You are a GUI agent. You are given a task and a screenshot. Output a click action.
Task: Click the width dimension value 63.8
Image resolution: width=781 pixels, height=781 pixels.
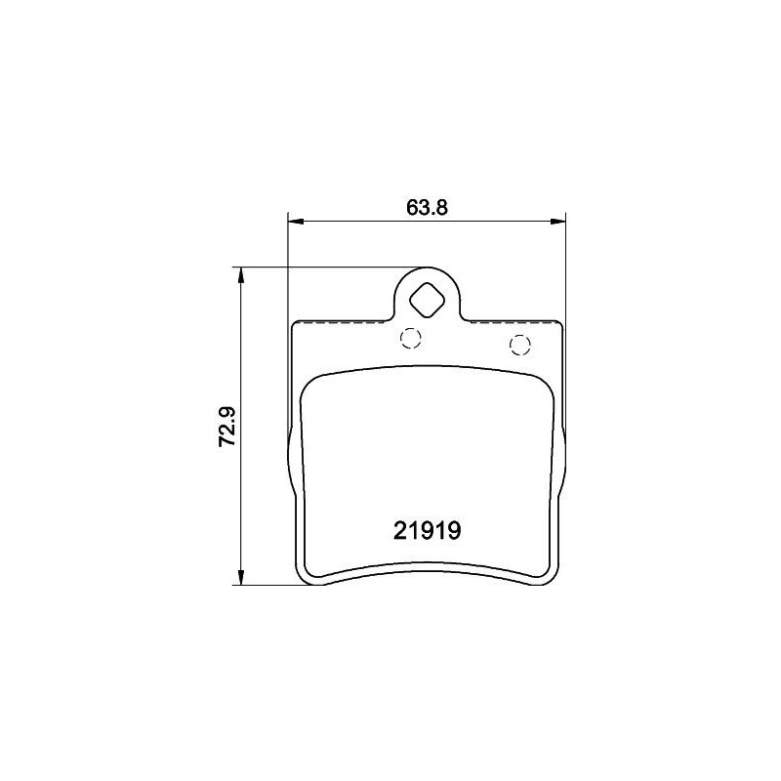[x=427, y=207]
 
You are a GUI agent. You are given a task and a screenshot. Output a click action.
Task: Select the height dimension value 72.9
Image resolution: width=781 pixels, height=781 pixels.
[x=228, y=427]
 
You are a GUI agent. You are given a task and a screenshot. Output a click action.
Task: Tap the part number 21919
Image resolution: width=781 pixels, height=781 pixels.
[x=427, y=530]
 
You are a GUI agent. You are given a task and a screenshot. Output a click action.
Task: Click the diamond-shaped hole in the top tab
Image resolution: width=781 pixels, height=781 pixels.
[x=427, y=300]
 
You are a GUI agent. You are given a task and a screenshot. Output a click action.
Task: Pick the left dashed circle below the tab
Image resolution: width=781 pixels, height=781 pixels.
[x=410, y=338]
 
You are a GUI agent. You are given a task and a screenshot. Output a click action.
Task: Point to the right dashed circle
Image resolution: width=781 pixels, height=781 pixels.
[x=520, y=346]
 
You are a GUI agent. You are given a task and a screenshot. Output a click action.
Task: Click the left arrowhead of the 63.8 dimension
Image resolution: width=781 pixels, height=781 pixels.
[x=296, y=221]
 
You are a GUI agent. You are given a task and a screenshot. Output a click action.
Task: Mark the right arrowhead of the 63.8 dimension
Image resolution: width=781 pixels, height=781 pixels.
[x=557, y=221]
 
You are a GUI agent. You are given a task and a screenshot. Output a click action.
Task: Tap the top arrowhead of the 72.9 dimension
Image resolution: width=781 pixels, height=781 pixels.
[x=240, y=275]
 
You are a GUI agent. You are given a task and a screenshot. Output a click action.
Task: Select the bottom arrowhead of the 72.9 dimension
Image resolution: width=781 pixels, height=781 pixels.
[x=240, y=576]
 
